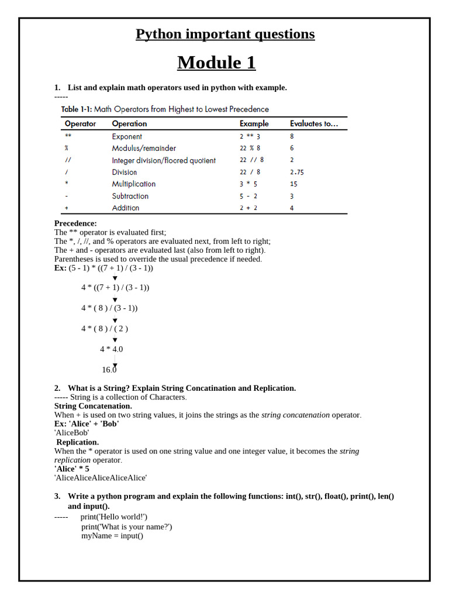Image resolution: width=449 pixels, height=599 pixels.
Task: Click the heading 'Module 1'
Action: [216, 62]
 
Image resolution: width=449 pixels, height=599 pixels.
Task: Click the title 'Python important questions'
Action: [225, 34]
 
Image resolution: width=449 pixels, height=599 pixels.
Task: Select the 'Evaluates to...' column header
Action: [314, 123]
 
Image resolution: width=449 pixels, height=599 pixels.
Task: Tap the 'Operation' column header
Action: [129, 123]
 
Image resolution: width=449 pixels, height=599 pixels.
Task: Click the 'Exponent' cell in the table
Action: [127, 136]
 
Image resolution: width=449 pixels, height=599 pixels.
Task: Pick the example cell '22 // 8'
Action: [251, 160]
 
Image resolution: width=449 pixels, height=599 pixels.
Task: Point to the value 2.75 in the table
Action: [297, 172]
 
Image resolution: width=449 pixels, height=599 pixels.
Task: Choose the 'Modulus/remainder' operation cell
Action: [144, 148]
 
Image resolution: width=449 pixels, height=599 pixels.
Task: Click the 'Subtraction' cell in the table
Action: [130, 196]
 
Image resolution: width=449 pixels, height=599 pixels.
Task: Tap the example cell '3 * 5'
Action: [248, 184]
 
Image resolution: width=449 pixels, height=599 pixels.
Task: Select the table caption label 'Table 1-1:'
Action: [77, 109]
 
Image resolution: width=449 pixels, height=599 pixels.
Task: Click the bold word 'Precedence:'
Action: [75, 223]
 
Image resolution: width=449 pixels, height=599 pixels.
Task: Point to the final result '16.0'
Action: [109, 370]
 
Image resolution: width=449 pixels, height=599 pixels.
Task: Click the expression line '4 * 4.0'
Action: [111, 349]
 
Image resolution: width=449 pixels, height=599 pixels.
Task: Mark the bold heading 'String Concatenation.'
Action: [93, 405]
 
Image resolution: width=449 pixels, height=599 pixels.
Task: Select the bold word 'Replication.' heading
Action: [78, 442]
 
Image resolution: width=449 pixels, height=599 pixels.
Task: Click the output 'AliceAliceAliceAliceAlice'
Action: [101, 477]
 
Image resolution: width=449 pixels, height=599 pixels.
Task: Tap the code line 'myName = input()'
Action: [112, 535]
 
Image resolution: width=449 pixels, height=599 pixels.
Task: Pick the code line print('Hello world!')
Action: [114, 517]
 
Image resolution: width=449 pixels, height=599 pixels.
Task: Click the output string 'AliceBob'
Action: [71, 432]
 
